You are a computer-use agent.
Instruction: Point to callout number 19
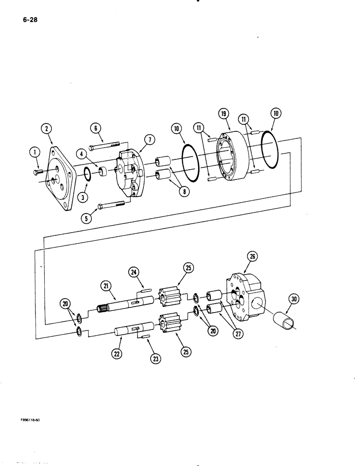click(x=223, y=113)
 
